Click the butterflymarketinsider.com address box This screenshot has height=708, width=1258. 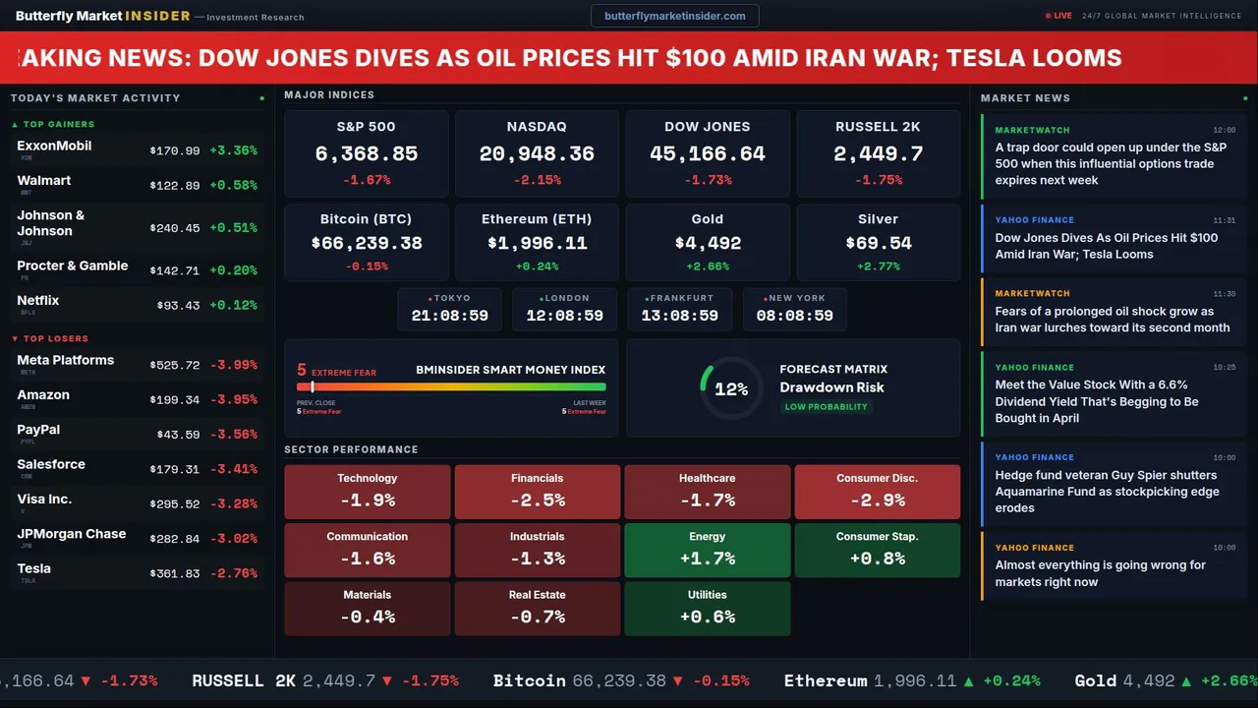675,16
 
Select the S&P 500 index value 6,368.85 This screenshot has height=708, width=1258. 367,154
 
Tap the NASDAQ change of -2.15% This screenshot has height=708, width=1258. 537,180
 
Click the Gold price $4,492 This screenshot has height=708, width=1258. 708,243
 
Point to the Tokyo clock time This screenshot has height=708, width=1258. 450,316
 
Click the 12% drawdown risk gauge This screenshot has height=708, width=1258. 730,389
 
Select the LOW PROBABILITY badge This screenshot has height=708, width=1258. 826,407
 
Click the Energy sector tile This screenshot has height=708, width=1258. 708,550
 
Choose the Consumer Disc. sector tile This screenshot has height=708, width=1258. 878,492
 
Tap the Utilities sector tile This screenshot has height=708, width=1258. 708,608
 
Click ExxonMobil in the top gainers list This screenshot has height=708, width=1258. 54,146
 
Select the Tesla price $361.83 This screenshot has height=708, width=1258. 175,573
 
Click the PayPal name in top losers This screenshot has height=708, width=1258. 38,430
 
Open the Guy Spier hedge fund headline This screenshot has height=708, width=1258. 1107,492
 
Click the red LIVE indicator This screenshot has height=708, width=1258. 1059,16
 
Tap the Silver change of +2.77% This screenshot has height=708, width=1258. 878,266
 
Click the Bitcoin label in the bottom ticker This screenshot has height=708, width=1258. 529,680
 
